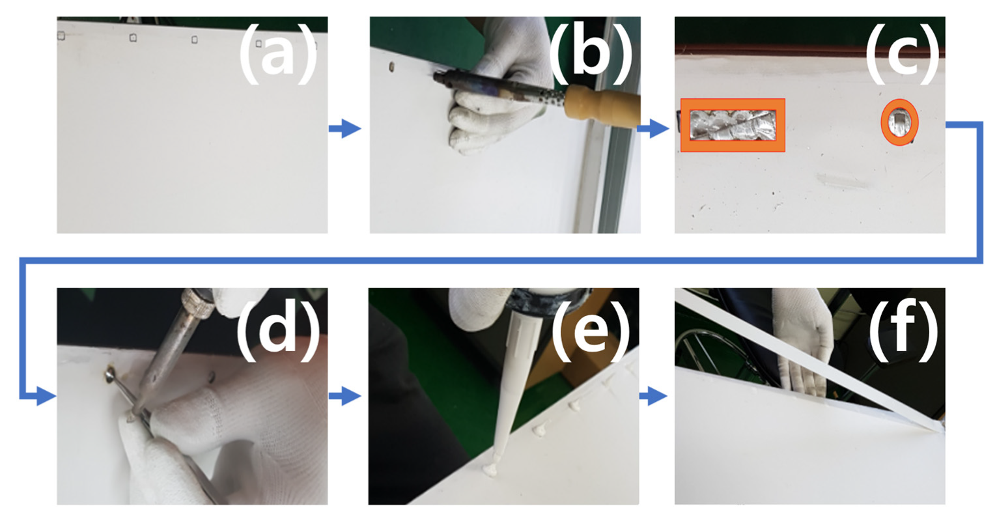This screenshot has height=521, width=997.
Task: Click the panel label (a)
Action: (278, 54)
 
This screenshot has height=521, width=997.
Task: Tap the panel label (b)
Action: (591, 53)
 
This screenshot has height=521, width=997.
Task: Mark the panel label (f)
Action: (903, 326)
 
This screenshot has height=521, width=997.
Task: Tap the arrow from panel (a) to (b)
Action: (345, 129)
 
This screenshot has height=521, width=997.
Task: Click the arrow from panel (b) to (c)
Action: (653, 129)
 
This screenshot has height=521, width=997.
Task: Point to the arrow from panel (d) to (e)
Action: (345, 396)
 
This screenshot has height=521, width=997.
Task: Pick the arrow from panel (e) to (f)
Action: (653, 396)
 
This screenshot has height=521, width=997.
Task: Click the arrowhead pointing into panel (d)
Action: (46, 396)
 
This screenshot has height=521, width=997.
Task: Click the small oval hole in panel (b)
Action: (391, 67)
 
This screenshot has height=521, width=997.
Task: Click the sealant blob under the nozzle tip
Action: (492, 470)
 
